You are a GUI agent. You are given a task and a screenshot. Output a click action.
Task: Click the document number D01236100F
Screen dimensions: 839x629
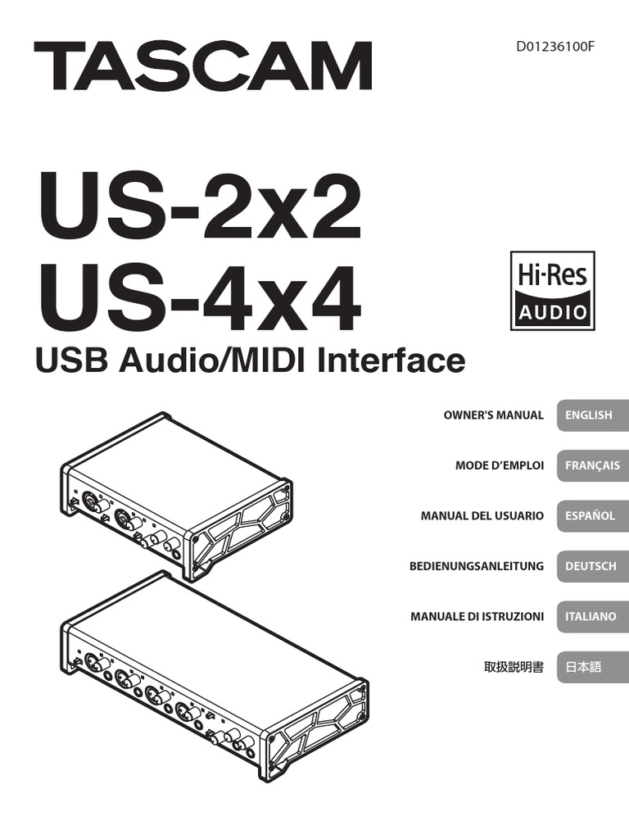[x=554, y=46]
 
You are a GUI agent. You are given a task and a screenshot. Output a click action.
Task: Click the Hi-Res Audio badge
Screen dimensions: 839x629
[x=552, y=290]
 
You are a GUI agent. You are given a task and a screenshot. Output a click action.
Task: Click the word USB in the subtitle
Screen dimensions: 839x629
[x=66, y=360]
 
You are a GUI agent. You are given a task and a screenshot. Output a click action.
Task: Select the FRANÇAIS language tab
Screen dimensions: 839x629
[x=591, y=465]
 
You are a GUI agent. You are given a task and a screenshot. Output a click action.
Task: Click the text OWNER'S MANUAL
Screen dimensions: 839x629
[x=493, y=415]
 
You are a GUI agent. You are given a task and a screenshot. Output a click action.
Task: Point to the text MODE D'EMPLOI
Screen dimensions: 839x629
[x=499, y=465]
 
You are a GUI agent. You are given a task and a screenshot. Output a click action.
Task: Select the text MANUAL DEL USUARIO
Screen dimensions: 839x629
[x=482, y=515]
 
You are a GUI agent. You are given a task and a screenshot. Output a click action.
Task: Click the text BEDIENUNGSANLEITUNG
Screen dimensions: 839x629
[x=476, y=566]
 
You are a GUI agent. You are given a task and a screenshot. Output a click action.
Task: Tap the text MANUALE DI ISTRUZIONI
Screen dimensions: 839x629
[x=477, y=616]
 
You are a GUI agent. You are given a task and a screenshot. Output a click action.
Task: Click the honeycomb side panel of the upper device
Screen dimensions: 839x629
[x=242, y=529]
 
